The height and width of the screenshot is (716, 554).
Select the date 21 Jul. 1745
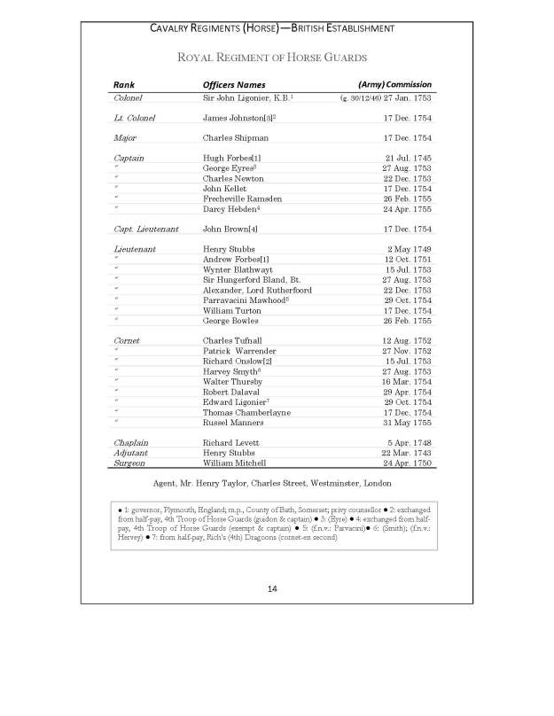pos(407,158)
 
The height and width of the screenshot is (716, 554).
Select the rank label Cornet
pos(127,340)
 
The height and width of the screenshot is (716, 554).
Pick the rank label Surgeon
pos(130,463)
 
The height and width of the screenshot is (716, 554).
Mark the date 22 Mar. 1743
pos(406,452)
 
